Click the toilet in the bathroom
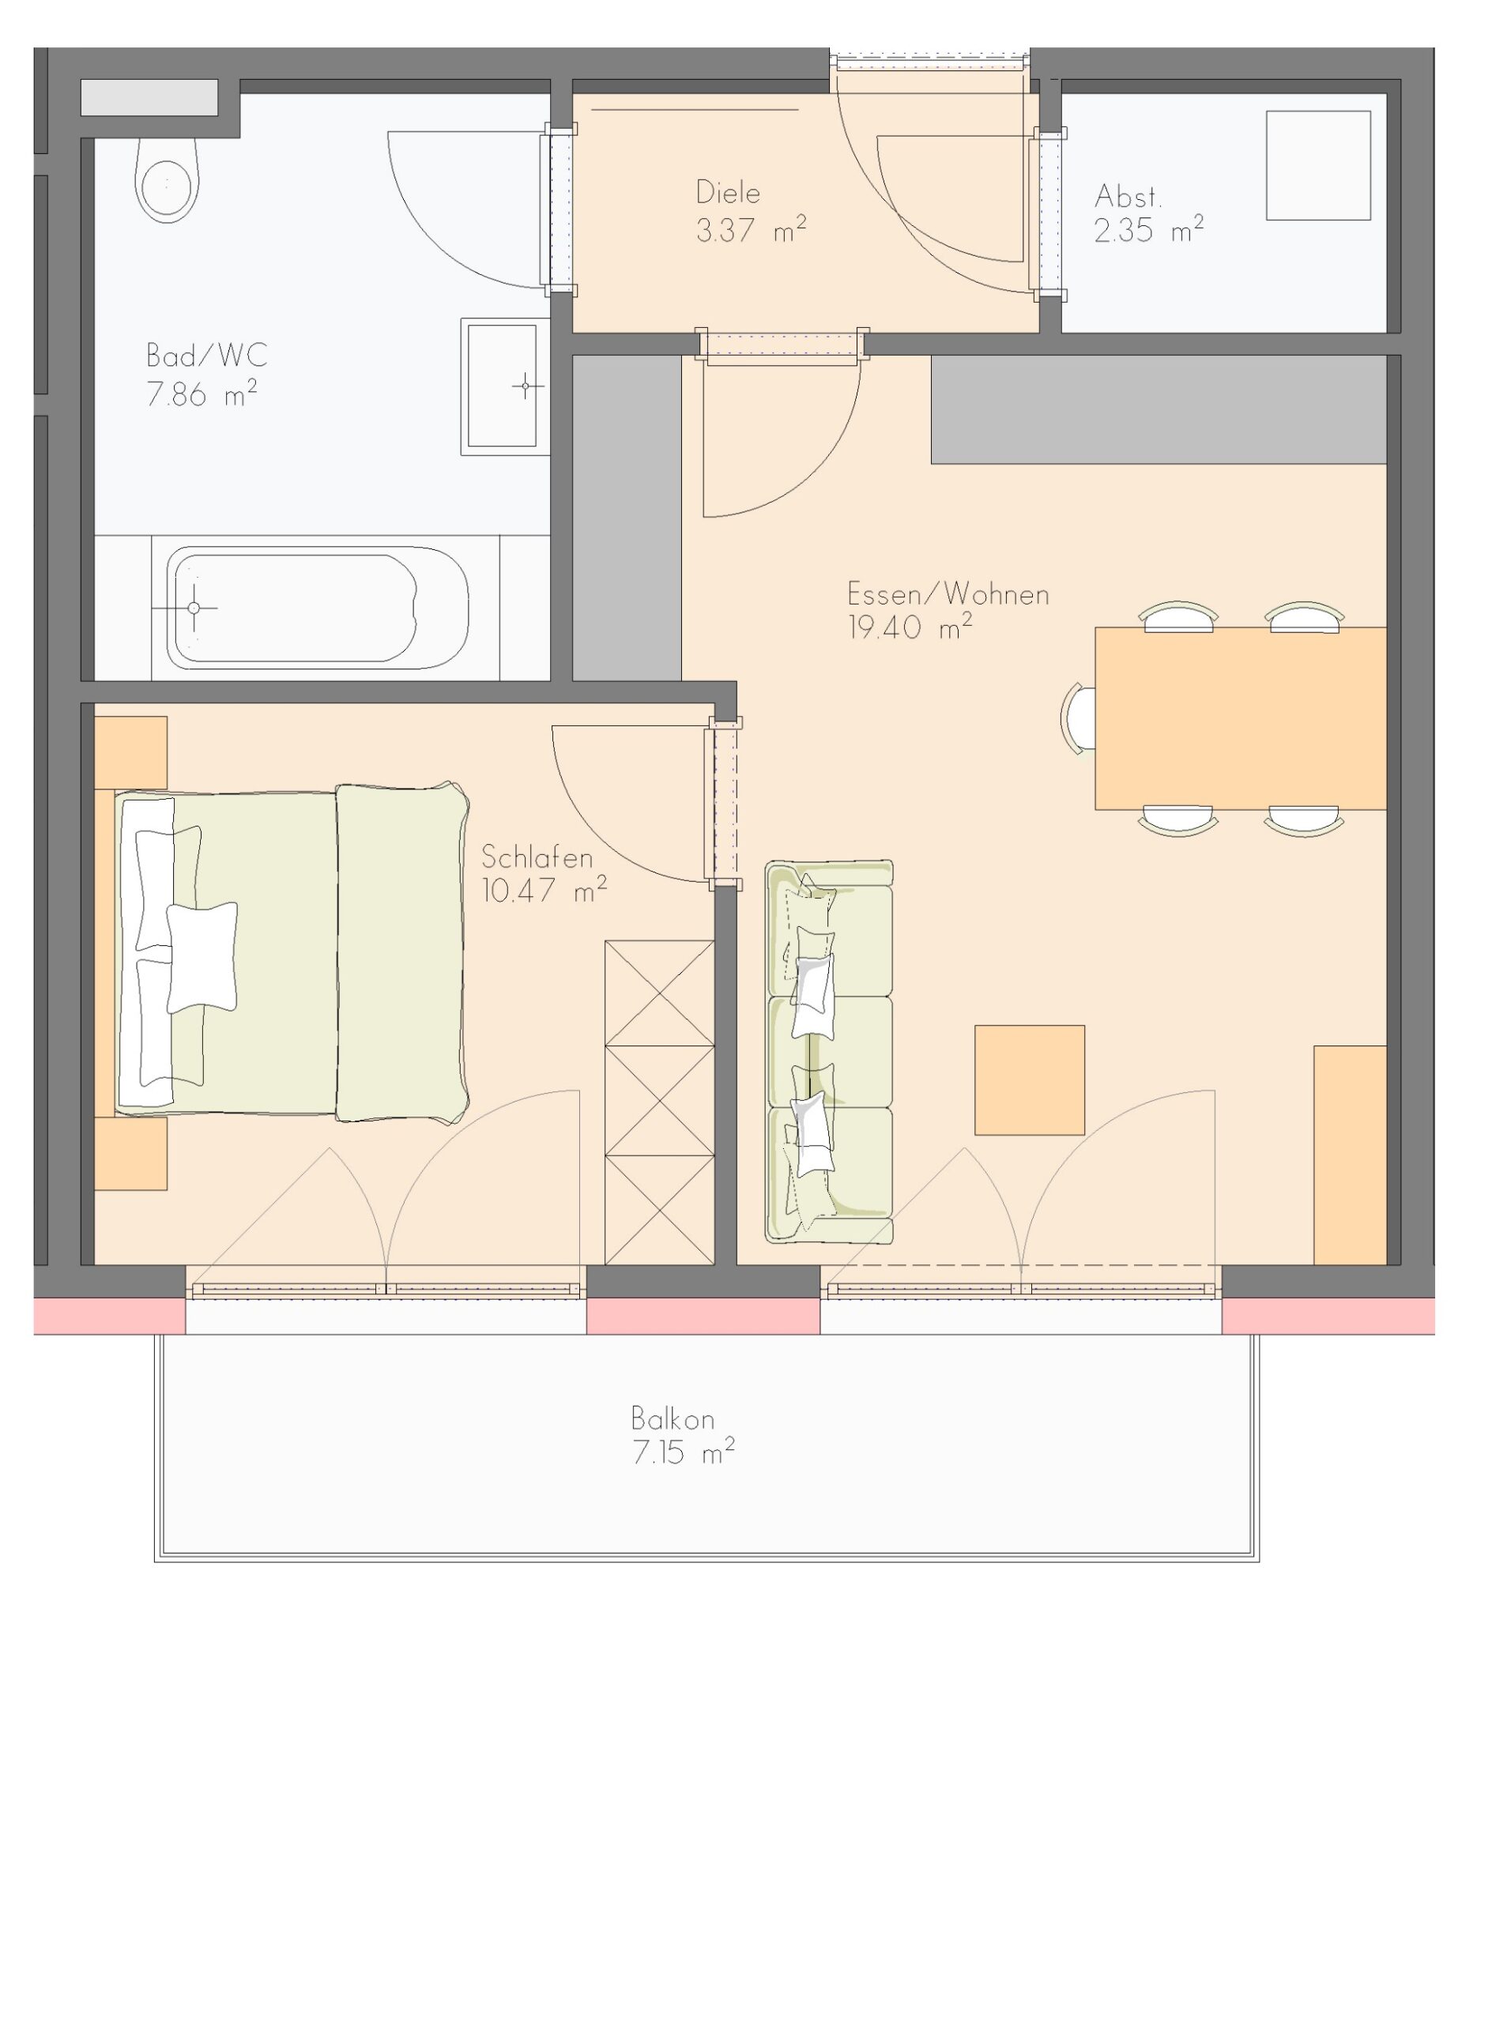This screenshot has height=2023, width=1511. (167, 180)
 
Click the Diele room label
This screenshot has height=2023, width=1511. (728, 192)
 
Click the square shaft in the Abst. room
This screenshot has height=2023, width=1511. (1318, 165)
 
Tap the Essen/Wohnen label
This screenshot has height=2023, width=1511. (948, 594)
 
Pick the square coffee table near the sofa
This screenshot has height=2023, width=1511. (1030, 1080)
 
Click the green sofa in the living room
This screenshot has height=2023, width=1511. (829, 1052)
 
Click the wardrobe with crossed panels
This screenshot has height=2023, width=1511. (659, 1103)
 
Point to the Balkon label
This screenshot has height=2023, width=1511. (673, 1418)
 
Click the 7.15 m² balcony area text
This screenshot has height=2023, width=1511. (684, 1452)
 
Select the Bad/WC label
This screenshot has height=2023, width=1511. (207, 355)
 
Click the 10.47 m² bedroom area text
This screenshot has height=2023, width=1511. (544, 890)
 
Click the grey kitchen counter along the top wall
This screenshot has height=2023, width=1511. (1159, 409)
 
